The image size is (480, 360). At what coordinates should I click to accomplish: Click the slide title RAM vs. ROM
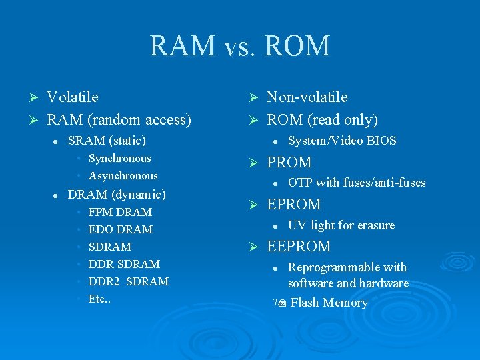(x=239, y=46)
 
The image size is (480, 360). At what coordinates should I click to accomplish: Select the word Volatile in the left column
(x=73, y=97)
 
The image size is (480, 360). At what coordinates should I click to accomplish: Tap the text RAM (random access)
(x=119, y=120)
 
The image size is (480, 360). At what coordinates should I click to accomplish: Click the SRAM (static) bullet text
(x=107, y=141)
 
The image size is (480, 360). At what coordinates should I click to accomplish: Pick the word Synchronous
(x=120, y=159)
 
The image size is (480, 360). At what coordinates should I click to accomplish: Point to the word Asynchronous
(x=123, y=176)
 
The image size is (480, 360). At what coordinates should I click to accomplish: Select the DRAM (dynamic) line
(x=117, y=195)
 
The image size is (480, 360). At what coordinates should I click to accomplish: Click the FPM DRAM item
(x=120, y=212)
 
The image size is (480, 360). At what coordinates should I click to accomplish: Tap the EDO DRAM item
(x=121, y=229)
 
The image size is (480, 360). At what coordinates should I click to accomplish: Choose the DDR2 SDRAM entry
(x=129, y=281)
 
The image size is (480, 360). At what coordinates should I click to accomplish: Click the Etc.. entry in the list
(x=99, y=299)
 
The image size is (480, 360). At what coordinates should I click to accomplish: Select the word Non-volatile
(x=307, y=97)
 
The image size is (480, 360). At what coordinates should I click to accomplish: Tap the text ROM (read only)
(x=322, y=120)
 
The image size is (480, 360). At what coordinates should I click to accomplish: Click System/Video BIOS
(x=342, y=141)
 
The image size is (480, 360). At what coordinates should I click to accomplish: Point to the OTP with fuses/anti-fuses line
(x=357, y=183)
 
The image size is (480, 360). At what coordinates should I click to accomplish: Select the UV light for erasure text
(x=341, y=225)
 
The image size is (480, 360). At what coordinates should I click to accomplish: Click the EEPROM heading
(x=299, y=247)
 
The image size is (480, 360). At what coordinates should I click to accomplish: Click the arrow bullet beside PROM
(x=253, y=163)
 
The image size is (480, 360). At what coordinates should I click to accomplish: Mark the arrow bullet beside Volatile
(x=28, y=98)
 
